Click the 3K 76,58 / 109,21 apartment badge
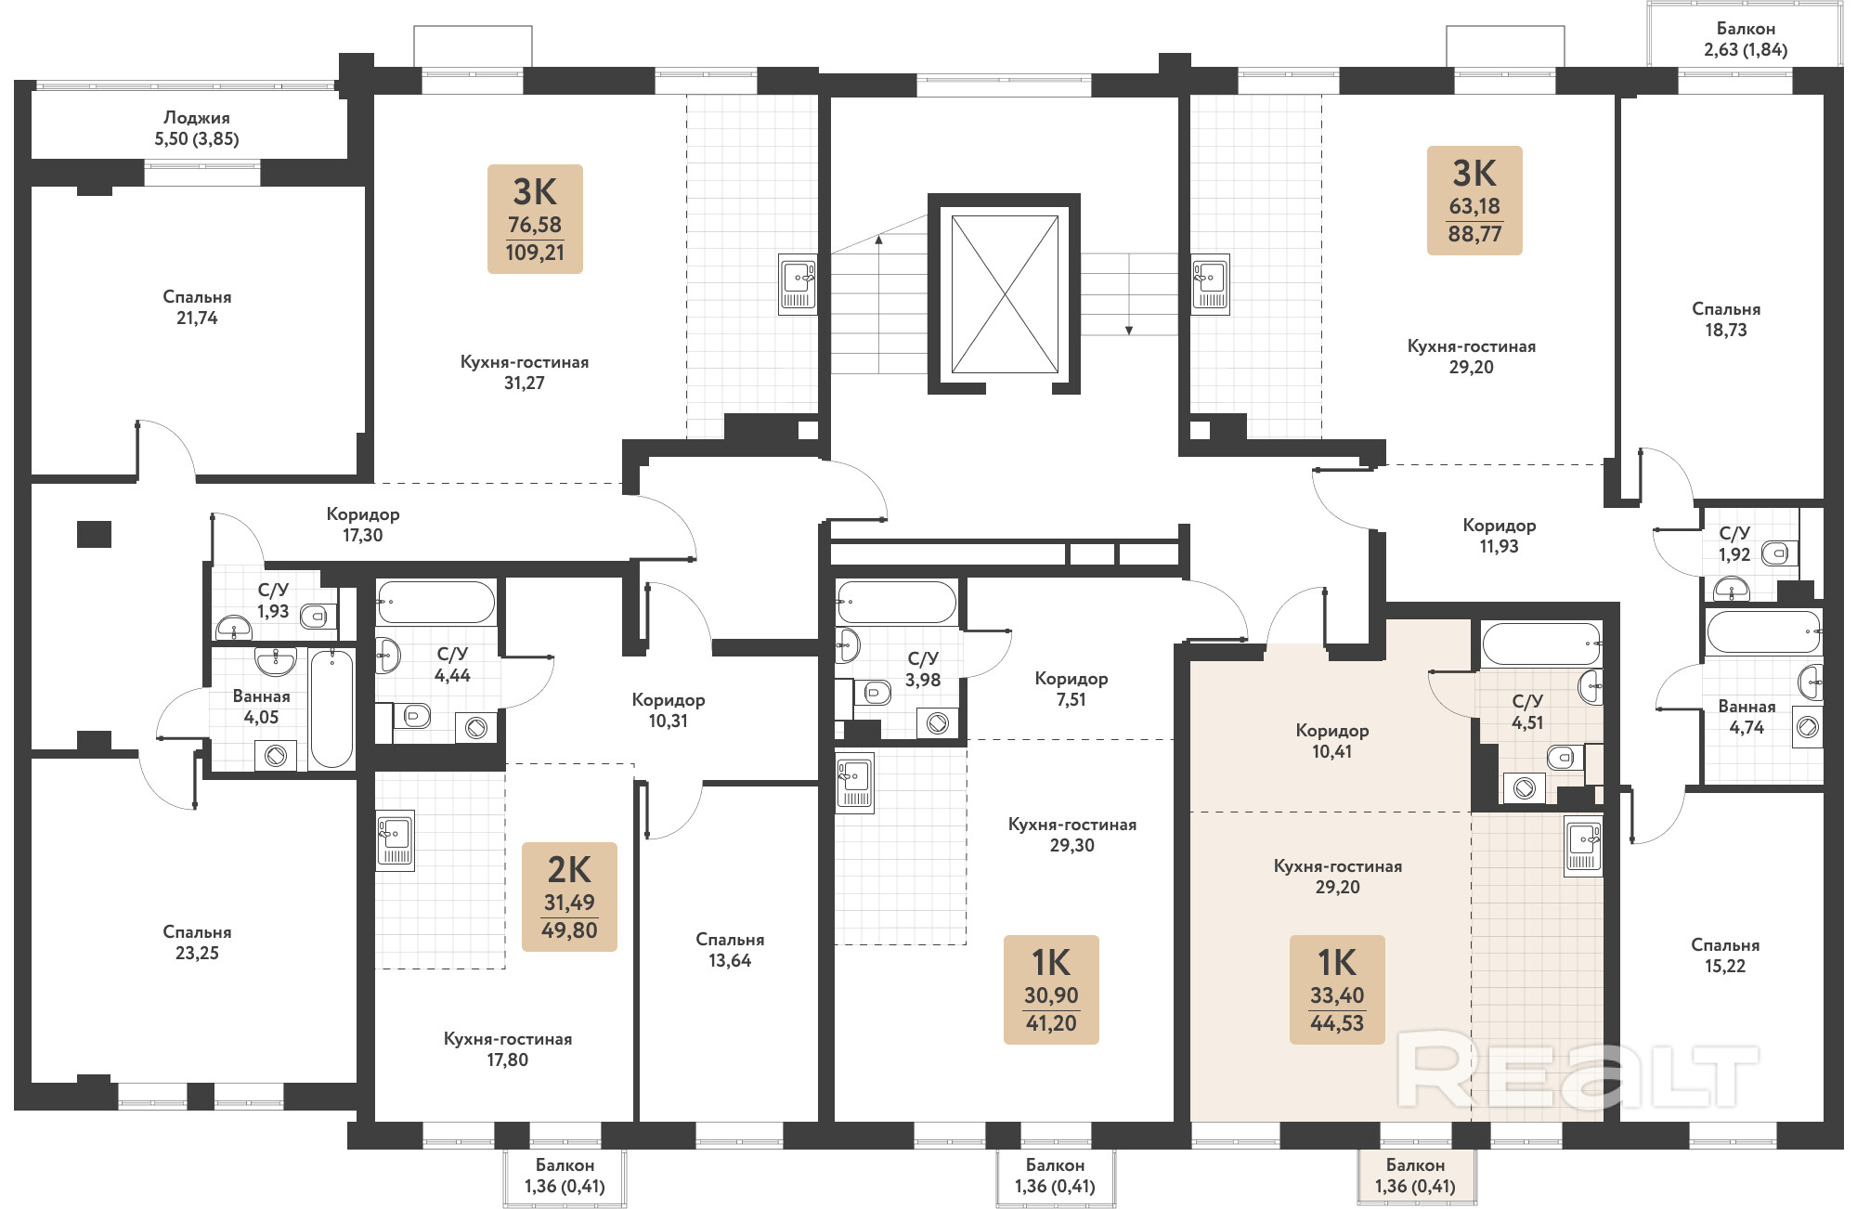(535, 219)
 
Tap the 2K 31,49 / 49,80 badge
(569, 897)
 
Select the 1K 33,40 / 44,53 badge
(1337, 990)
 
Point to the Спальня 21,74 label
(197, 307)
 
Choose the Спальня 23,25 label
(197, 942)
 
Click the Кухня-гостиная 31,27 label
(525, 372)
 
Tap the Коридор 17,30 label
(363, 525)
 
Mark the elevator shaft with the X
(1005, 293)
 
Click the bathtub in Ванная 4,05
(331, 708)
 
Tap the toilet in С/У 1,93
(315, 616)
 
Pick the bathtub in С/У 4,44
(435, 603)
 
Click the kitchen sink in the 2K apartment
(396, 840)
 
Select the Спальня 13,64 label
(730, 950)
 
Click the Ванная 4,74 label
(1747, 717)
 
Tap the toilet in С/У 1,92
(1775, 553)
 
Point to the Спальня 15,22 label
(1725, 955)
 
